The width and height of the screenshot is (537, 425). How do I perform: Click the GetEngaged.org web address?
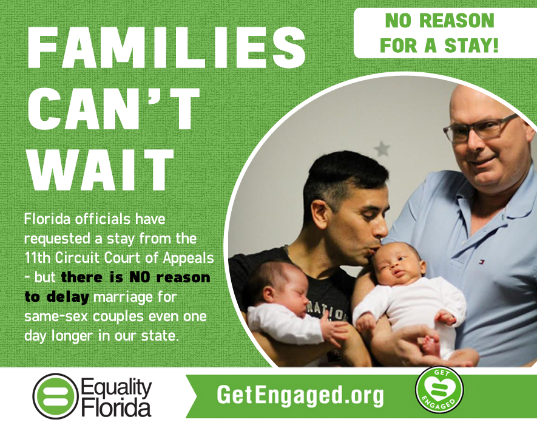[x=300, y=395]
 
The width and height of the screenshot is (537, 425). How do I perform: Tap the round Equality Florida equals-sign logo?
[x=55, y=396]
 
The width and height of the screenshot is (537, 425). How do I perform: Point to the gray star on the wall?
[x=382, y=149]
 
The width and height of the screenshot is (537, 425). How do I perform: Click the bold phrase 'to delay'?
[x=56, y=297]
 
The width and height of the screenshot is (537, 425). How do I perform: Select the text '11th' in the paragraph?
[x=37, y=258]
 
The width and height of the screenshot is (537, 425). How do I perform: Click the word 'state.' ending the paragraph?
[x=160, y=336]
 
